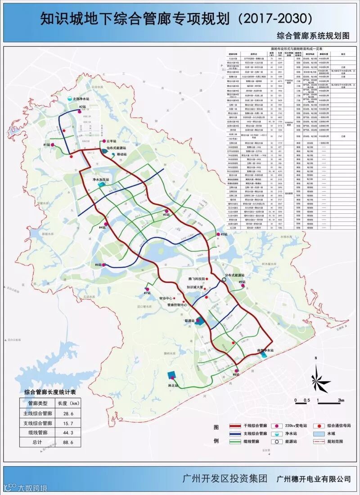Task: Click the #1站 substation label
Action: tap(46, 144)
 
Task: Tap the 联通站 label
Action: tap(189, 320)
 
